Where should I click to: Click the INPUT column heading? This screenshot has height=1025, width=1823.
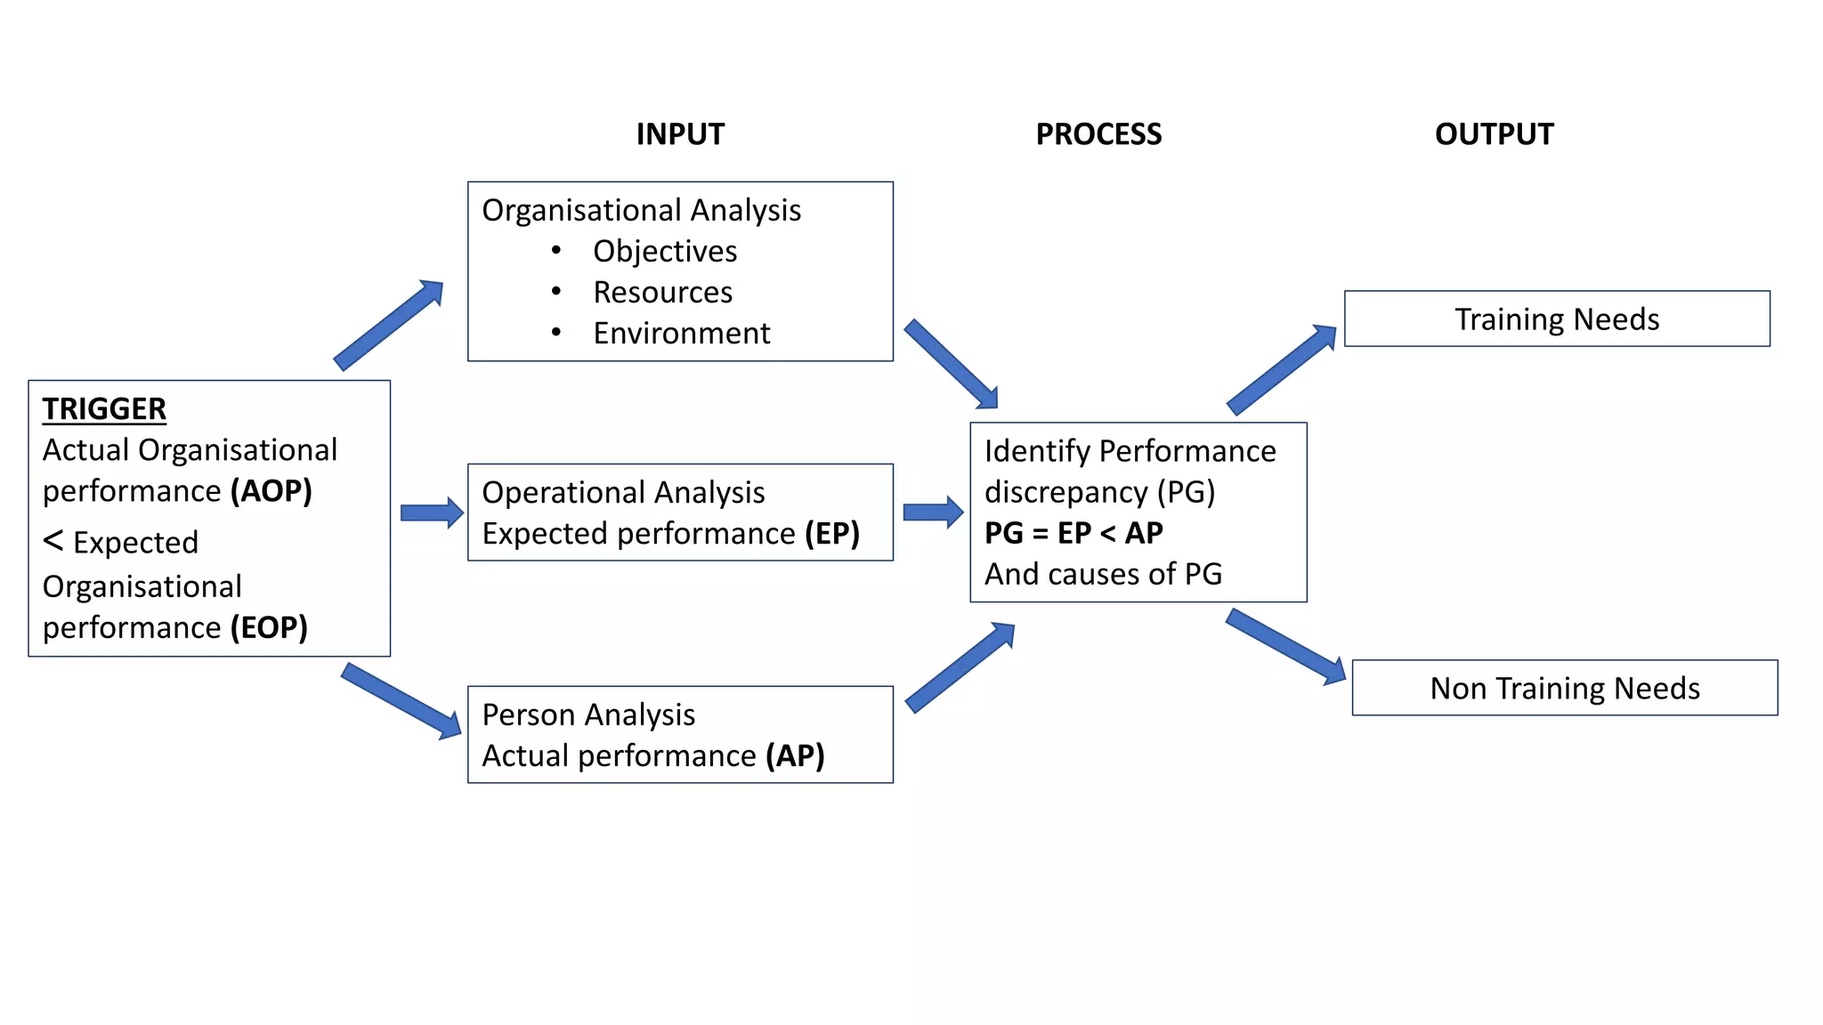click(680, 134)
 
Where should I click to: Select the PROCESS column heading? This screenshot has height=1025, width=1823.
click(1098, 134)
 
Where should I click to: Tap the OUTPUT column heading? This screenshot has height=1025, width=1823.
click(1494, 134)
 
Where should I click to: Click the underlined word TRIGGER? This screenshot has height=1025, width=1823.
click(104, 409)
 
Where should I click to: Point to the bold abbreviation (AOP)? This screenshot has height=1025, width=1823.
click(271, 491)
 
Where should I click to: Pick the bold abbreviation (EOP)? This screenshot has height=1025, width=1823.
click(269, 628)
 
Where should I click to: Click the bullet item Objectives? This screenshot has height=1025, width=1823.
click(665, 252)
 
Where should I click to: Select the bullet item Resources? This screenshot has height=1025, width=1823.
click(662, 293)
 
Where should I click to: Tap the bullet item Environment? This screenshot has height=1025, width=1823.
click(681, 334)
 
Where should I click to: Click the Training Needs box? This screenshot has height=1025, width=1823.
click(1556, 319)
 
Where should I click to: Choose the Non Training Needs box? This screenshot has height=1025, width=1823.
click(1564, 689)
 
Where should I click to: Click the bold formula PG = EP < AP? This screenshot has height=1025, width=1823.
click(1074, 533)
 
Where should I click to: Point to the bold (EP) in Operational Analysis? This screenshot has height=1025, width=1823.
click(832, 534)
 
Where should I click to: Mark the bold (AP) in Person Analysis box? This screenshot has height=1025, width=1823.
click(795, 756)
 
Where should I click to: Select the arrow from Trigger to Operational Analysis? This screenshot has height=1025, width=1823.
click(432, 512)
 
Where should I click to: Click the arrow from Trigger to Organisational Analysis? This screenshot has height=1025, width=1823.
click(389, 324)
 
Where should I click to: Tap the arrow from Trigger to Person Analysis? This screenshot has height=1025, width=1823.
click(401, 700)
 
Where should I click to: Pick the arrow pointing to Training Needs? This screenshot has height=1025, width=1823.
click(1282, 369)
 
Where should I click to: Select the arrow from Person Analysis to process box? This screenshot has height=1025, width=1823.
click(960, 667)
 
